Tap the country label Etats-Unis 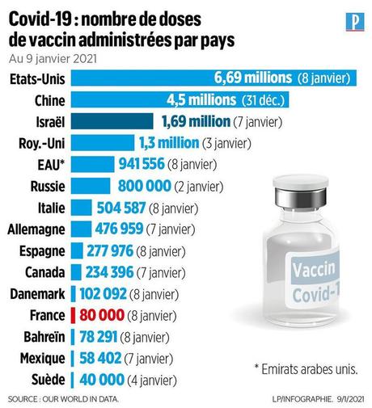click(37, 78)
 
